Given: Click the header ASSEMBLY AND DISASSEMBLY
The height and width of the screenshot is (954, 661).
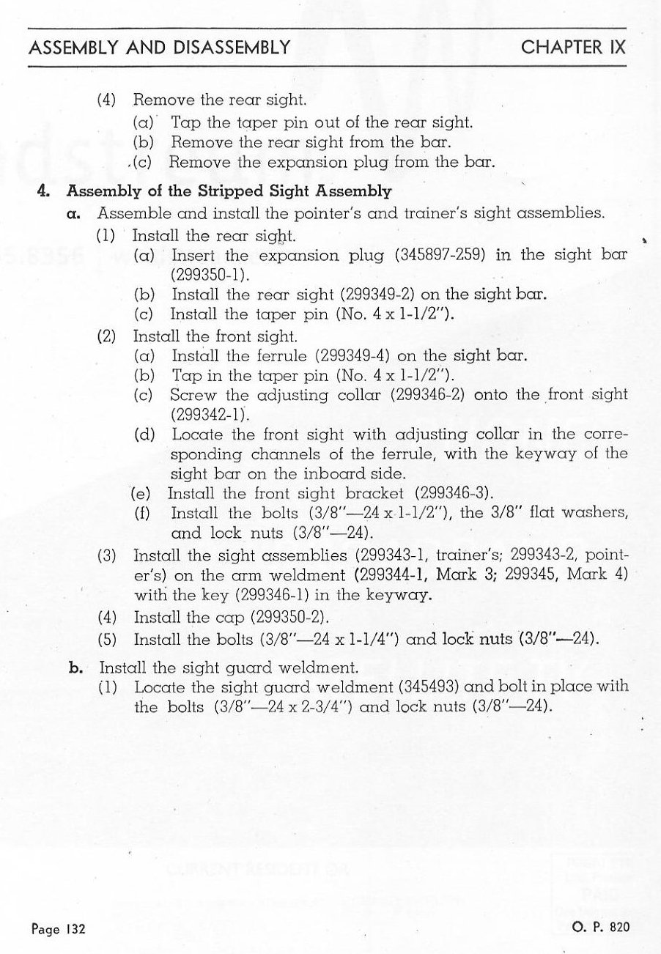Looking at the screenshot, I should click(157, 48).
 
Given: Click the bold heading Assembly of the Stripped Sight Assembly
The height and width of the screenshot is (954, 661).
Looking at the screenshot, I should click(228, 193).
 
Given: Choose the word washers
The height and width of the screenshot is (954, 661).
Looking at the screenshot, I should click(597, 513).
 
